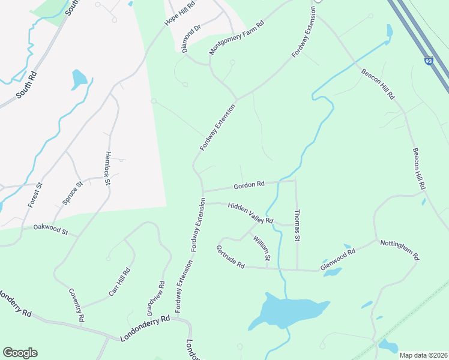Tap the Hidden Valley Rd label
(250, 213)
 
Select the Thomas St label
(297, 225)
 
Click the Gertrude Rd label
(231, 256)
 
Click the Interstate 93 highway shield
(428, 61)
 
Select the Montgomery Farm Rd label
(237, 39)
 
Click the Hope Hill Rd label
(181, 13)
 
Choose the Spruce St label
(71, 193)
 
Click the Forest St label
(35, 195)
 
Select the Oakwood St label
(51, 229)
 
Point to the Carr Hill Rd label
(119, 282)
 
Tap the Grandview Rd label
(155, 299)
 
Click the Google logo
(20, 353)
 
